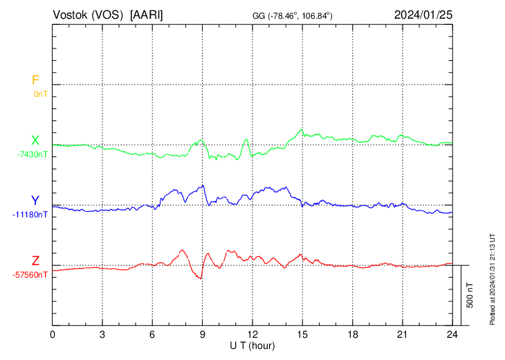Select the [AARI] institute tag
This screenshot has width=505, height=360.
147,15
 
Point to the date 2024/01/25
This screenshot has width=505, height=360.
423,15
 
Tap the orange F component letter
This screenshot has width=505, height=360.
35,80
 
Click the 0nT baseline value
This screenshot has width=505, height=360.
40,93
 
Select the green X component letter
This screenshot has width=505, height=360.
35,141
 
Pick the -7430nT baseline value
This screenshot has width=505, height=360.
33,154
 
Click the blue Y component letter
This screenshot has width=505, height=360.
35,201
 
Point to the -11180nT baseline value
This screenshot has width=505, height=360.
30,215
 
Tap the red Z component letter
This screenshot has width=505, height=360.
35,261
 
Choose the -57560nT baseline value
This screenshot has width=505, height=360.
30,275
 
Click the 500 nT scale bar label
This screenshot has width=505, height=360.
470,295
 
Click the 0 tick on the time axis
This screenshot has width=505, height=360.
53,334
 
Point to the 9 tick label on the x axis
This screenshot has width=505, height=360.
203,334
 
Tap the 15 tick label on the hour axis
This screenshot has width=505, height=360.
302,334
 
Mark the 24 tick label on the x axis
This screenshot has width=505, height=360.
452,334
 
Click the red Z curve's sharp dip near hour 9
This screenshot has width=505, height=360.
201,278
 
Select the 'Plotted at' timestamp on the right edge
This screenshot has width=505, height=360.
493,277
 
